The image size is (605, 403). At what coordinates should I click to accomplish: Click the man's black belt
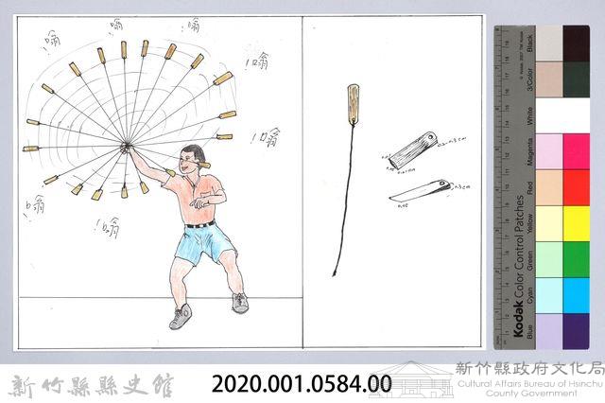click(x=200, y=224)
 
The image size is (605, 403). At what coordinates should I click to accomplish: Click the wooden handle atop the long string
click(x=353, y=105)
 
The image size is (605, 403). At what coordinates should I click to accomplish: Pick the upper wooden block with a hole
click(x=414, y=151)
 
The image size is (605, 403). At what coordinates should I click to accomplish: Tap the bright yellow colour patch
click(x=576, y=223)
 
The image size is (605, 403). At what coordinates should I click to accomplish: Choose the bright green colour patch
click(x=576, y=258)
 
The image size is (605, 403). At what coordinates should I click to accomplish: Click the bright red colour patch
click(x=576, y=186)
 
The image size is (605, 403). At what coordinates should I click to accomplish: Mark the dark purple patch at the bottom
click(x=576, y=330)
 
